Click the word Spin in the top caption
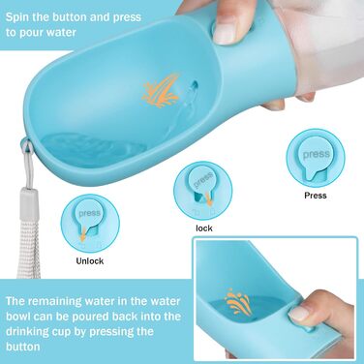pos(16,17)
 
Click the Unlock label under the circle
pos(90,261)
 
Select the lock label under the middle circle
pos(204,228)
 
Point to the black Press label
pos(316,196)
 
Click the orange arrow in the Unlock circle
pos(83,235)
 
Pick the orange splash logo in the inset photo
pos(238,301)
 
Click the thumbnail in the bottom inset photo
pos(299,314)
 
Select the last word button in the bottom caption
pos(22,347)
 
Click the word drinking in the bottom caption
pos(29,332)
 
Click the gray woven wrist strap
pos(28,249)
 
